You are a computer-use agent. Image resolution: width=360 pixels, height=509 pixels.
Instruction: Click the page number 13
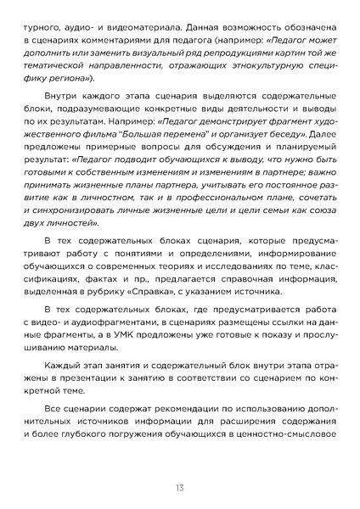tap(180, 487)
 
